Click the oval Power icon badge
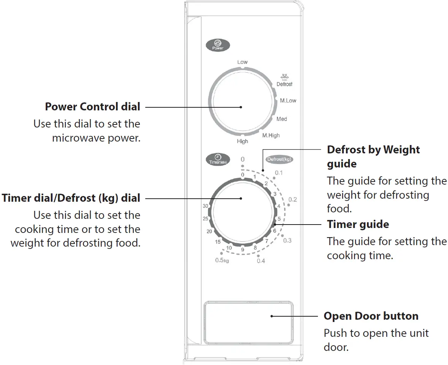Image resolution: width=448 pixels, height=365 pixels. click(x=218, y=45)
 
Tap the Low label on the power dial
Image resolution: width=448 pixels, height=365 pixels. click(x=242, y=62)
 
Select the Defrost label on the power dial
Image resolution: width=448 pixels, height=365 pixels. click(x=284, y=84)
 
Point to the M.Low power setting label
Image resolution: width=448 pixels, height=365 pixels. click(x=288, y=101)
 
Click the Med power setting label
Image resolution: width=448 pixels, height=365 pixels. click(x=282, y=119)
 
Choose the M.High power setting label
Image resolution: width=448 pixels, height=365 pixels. click(x=271, y=135)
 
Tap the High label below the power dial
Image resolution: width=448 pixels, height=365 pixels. click(x=242, y=141)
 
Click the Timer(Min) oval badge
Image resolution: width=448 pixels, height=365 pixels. click(x=217, y=159)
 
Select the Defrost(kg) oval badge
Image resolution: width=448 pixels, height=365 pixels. click(x=280, y=159)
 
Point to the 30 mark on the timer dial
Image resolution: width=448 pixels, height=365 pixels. click(x=205, y=206)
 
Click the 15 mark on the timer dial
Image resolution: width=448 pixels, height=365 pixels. click(x=218, y=242)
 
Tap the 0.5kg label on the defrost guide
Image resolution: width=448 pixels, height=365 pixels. click(x=222, y=261)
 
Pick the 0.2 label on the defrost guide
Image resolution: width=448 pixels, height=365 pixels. click(x=292, y=199)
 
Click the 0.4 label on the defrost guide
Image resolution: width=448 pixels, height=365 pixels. click(x=261, y=261)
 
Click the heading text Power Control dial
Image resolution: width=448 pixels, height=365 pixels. click(x=92, y=107)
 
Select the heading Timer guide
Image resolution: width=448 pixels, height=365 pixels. click(x=358, y=225)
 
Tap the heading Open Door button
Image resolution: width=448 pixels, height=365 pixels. click(x=371, y=316)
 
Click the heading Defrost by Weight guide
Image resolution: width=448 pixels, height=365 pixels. click(x=373, y=156)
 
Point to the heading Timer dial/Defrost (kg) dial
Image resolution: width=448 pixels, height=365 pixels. click(x=71, y=198)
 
